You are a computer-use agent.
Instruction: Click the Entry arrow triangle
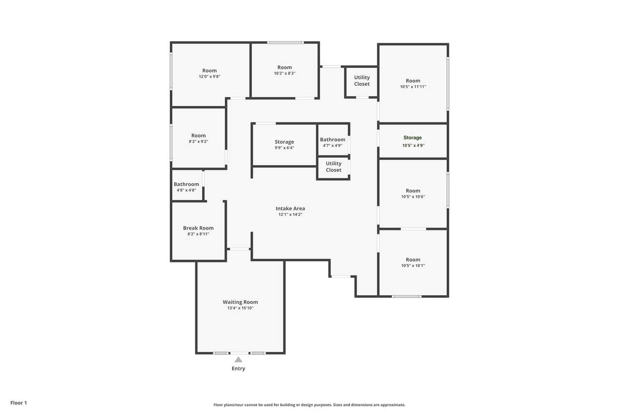238,360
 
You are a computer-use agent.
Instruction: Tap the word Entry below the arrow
238,368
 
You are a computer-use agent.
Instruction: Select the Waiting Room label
240,302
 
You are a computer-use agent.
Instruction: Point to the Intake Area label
290,208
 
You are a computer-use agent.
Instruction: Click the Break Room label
198,228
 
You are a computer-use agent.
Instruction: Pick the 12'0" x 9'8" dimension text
209,76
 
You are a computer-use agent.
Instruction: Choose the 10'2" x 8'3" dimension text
285,73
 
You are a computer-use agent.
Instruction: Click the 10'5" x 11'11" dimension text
413,87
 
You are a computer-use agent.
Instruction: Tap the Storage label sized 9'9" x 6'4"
284,142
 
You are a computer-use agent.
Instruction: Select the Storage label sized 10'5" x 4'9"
413,138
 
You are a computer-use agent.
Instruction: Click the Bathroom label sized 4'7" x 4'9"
333,140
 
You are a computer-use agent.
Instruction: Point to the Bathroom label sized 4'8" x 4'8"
186,184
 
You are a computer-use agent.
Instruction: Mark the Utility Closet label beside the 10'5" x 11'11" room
362,80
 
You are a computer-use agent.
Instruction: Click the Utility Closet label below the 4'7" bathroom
334,167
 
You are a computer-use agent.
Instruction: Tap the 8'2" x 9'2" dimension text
198,141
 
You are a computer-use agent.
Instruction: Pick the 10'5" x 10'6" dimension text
413,197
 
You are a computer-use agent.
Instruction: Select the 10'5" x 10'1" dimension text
413,265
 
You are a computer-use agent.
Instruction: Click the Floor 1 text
18,403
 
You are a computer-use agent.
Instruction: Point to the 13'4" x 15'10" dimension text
240,308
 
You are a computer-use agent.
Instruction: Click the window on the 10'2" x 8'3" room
285,43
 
